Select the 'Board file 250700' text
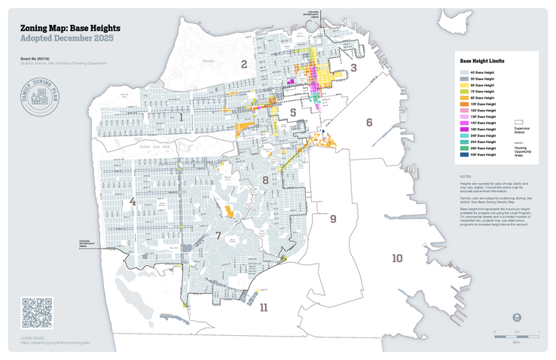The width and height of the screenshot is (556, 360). click(x=37, y=58)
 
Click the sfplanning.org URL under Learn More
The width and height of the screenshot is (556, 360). click(x=55, y=343)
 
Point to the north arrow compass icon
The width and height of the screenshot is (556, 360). click(x=517, y=318)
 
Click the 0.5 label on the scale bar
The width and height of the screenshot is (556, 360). click(x=517, y=331)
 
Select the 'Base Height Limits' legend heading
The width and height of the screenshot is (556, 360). click(x=482, y=60)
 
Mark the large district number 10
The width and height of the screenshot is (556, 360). click(x=397, y=259)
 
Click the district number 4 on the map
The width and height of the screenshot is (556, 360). click(x=133, y=202)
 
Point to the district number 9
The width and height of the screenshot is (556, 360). click(x=333, y=219)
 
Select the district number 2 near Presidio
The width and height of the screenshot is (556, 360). click(x=243, y=64)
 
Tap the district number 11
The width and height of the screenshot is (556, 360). click(x=263, y=308)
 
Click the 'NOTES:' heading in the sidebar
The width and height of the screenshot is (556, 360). click(x=465, y=176)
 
